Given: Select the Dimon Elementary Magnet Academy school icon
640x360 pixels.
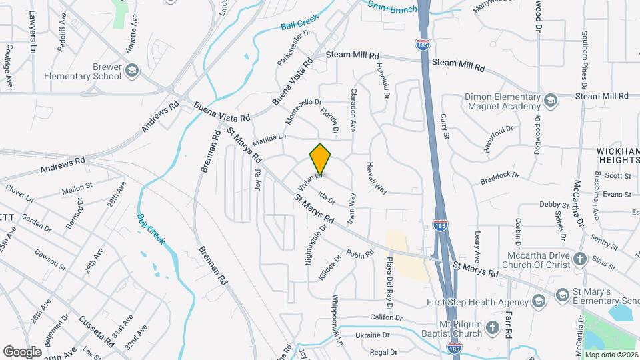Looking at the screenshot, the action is coord(550,101).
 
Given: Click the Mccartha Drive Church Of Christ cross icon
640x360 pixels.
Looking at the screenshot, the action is coord(580,259).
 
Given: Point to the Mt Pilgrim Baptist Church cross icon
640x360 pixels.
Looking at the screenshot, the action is coord(492,327).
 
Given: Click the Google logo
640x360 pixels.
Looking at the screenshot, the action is coord(23,351).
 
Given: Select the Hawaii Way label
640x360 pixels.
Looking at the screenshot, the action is coord(376,178).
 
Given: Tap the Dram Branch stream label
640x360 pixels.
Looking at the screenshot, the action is coord(393,7).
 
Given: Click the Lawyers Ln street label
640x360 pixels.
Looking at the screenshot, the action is coord(31,31).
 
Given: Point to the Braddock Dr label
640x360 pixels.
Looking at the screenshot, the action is coord(501,178).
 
